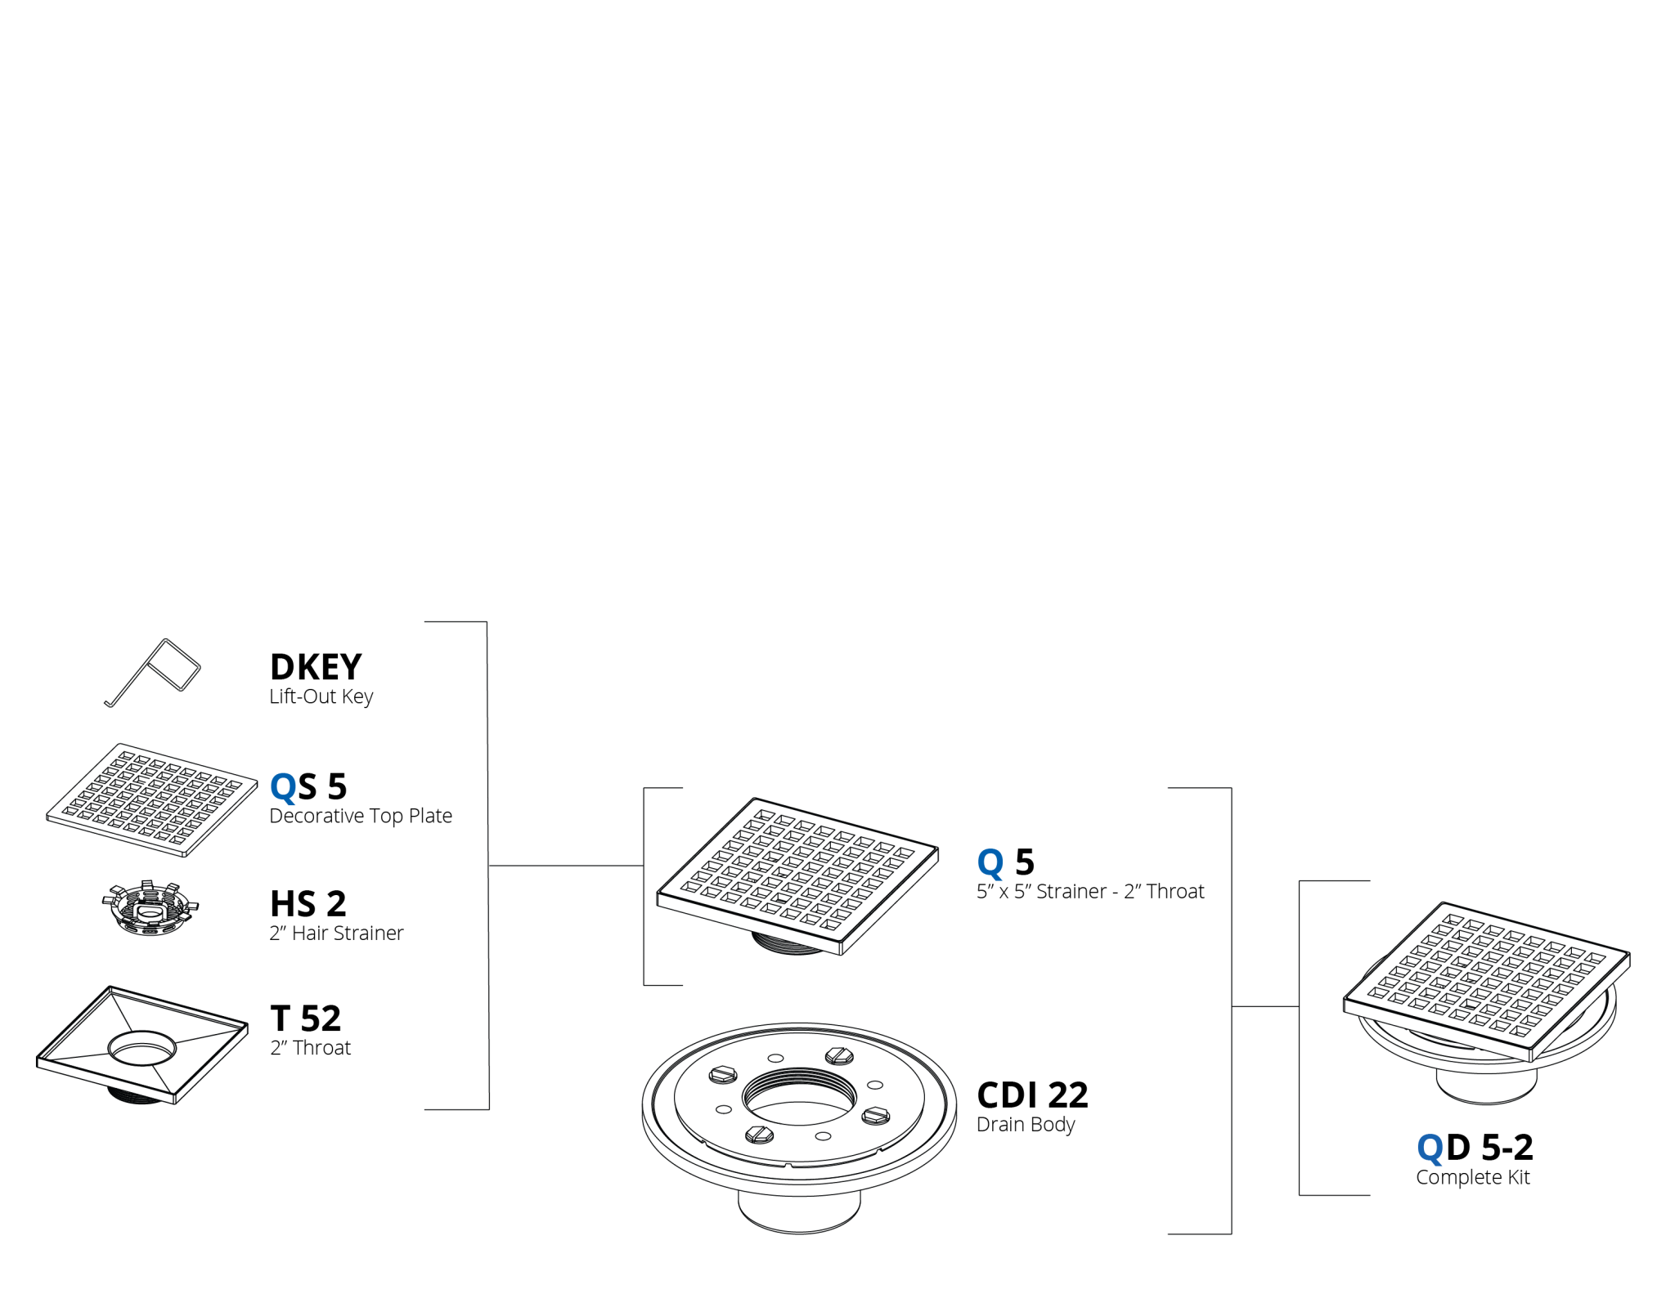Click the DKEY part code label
[x=316, y=667]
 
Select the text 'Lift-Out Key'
[x=321, y=696]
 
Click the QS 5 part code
[x=308, y=787]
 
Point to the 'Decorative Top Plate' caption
[x=361, y=816]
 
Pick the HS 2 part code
[x=308, y=904]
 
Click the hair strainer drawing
[x=150, y=907]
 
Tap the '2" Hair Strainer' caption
[x=336, y=933]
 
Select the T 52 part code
[x=306, y=1019]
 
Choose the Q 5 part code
[x=1006, y=862]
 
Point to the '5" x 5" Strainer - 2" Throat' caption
[x=1090, y=891]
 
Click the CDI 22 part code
[x=1032, y=1095]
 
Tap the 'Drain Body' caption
[x=1026, y=1125]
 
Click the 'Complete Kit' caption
[x=1472, y=1177]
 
